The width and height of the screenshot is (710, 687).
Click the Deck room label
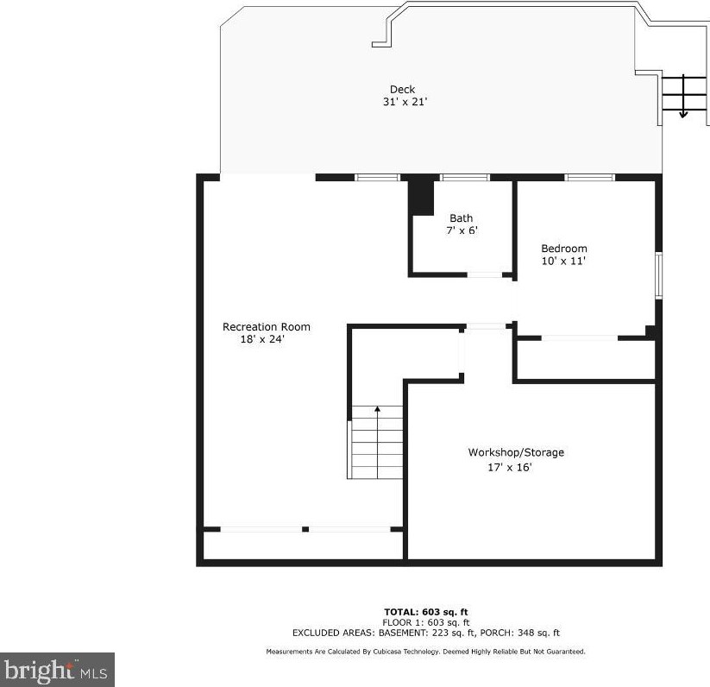402,89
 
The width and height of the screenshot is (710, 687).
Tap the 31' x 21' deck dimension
405,102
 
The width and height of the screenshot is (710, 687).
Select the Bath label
461,218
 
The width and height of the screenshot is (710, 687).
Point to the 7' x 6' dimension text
462,230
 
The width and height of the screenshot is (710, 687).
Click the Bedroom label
564,249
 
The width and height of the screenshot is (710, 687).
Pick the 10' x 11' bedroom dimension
563,261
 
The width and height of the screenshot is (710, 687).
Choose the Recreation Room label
267,327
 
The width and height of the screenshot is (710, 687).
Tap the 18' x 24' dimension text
262,339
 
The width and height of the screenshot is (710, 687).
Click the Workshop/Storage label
516,452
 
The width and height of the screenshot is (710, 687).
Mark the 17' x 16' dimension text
509,468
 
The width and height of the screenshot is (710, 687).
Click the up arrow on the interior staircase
377,443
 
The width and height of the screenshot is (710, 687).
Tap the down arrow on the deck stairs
683,97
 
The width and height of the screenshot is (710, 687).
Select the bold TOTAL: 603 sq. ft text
425,613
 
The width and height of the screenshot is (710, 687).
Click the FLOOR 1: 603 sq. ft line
425,622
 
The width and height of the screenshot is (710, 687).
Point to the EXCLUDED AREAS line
425,633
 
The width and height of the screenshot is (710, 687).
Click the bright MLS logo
57,670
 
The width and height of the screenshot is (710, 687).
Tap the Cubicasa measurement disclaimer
425,652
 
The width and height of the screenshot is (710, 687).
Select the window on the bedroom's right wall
659,275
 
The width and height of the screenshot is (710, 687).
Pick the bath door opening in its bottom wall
485,274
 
